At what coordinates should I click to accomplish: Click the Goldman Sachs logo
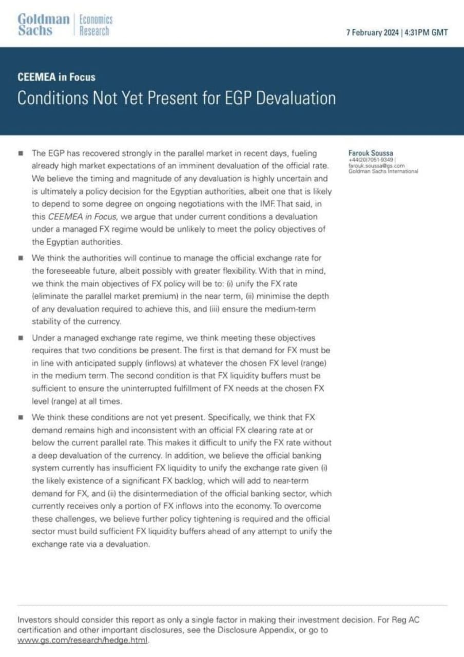tap(43, 25)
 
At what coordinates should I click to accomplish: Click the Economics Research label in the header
tap(95, 25)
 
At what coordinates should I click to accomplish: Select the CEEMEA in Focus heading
tap(56, 78)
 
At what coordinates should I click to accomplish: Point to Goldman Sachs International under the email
tap(383, 171)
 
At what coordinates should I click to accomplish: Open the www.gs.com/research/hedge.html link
tap(83, 641)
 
